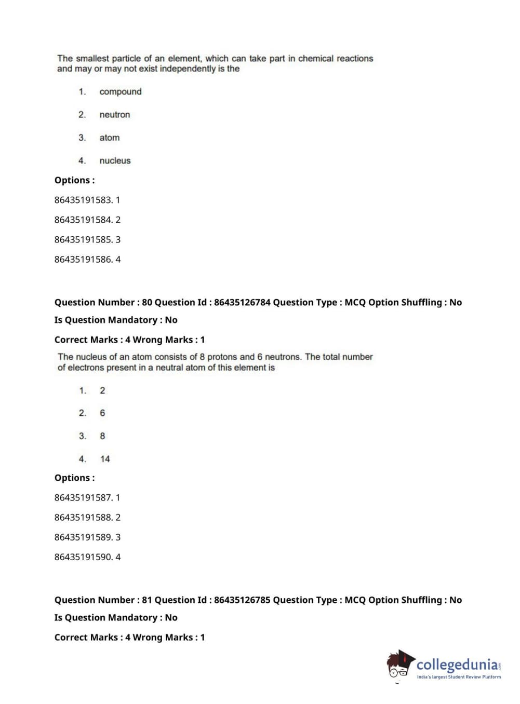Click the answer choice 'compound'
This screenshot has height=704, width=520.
[120, 92]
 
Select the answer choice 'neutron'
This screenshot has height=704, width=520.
[114, 115]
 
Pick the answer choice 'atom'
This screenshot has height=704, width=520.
[109, 138]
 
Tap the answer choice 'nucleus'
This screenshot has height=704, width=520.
[115, 161]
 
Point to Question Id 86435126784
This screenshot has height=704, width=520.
[242, 302]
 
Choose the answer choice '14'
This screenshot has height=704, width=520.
[105, 459]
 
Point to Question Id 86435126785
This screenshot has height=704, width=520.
[242, 600]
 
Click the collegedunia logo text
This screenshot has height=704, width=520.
[457, 665]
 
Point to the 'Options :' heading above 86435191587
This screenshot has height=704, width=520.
[74, 478]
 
